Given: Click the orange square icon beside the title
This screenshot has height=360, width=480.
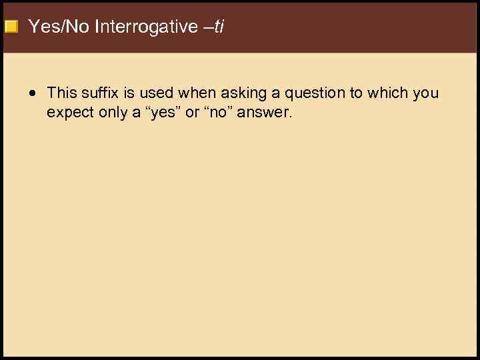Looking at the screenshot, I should (x=11, y=27).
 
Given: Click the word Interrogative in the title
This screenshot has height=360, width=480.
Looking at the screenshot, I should (x=146, y=27).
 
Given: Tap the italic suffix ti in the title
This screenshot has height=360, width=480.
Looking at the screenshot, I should (x=219, y=27).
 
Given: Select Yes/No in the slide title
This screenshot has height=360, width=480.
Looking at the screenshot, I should (x=59, y=27).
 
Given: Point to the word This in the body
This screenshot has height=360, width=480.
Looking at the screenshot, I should (x=62, y=93).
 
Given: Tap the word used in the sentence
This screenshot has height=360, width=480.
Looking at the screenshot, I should (x=157, y=93).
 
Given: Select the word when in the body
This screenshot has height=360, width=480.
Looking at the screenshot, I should (x=194, y=93).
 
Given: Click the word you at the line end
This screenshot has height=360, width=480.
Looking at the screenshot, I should (x=426, y=94).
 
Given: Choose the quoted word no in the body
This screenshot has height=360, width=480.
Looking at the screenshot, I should (x=223, y=113).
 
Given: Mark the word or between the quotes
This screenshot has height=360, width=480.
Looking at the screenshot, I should (x=192, y=113).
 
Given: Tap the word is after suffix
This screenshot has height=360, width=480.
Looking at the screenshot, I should (x=130, y=93).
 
